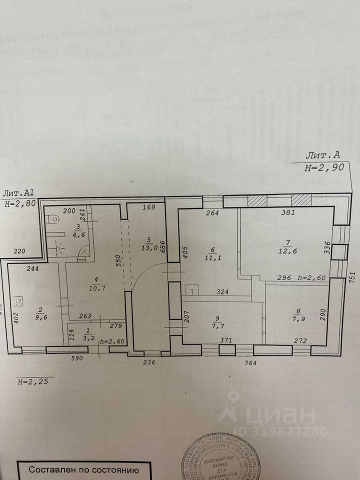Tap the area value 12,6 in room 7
coord(288,251)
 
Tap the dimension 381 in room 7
coord(288,212)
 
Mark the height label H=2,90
coord(324,168)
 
